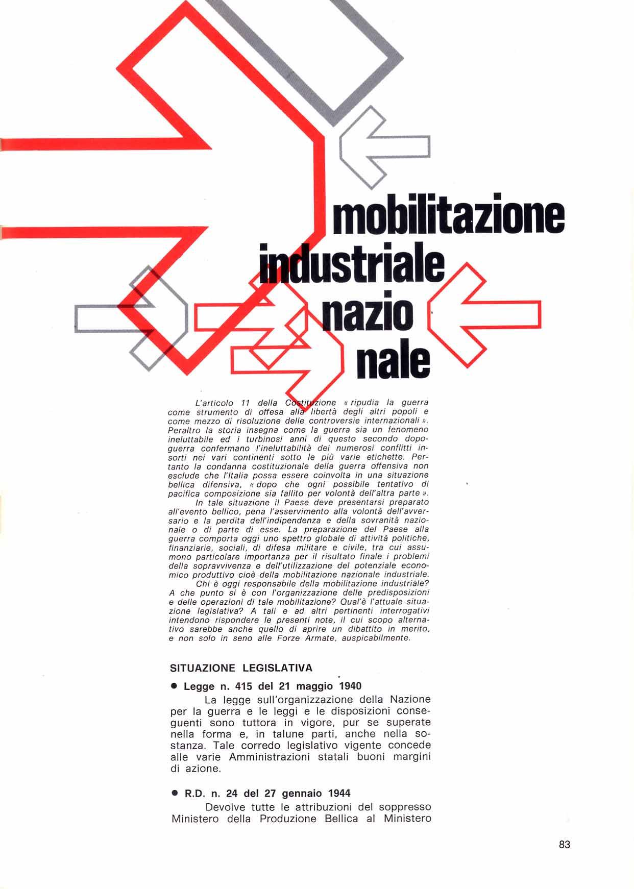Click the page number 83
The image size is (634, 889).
pyautogui.click(x=564, y=844)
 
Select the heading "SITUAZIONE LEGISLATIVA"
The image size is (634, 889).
pyautogui.click(x=241, y=668)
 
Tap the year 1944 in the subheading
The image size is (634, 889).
pyautogui.click(x=339, y=794)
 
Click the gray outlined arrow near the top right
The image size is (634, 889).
pyautogui.click(x=383, y=147)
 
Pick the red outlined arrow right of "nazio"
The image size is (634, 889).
pyautogui.click(x=482, y=314)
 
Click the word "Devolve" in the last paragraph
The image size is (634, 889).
pyautogui.click(x=223, y=807)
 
